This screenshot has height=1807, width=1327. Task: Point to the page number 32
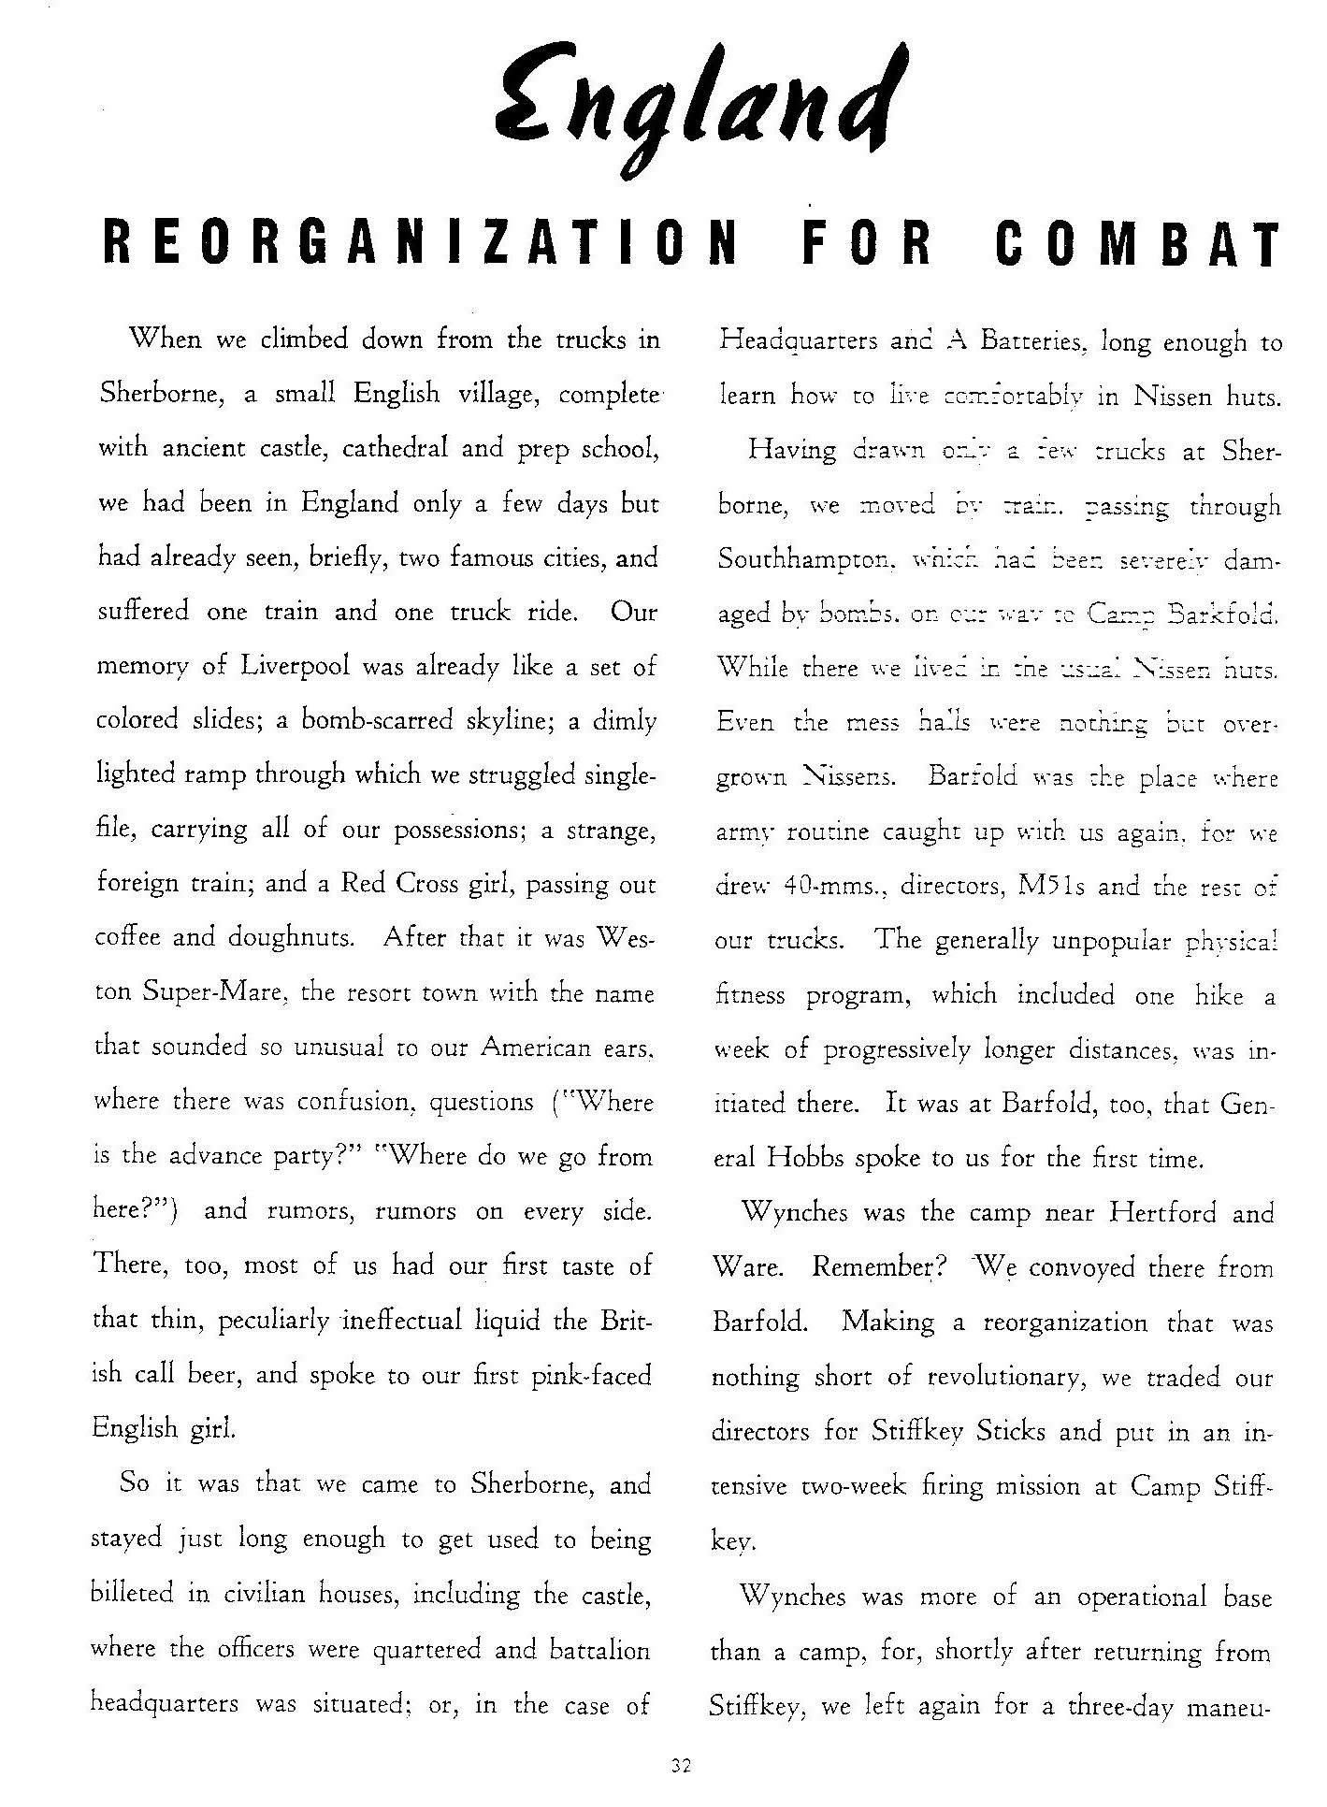680,1766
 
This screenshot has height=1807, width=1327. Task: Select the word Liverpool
296,667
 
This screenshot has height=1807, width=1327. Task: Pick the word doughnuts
290,938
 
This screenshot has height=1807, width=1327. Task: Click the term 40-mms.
830,886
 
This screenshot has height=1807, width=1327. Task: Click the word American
537,1048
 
